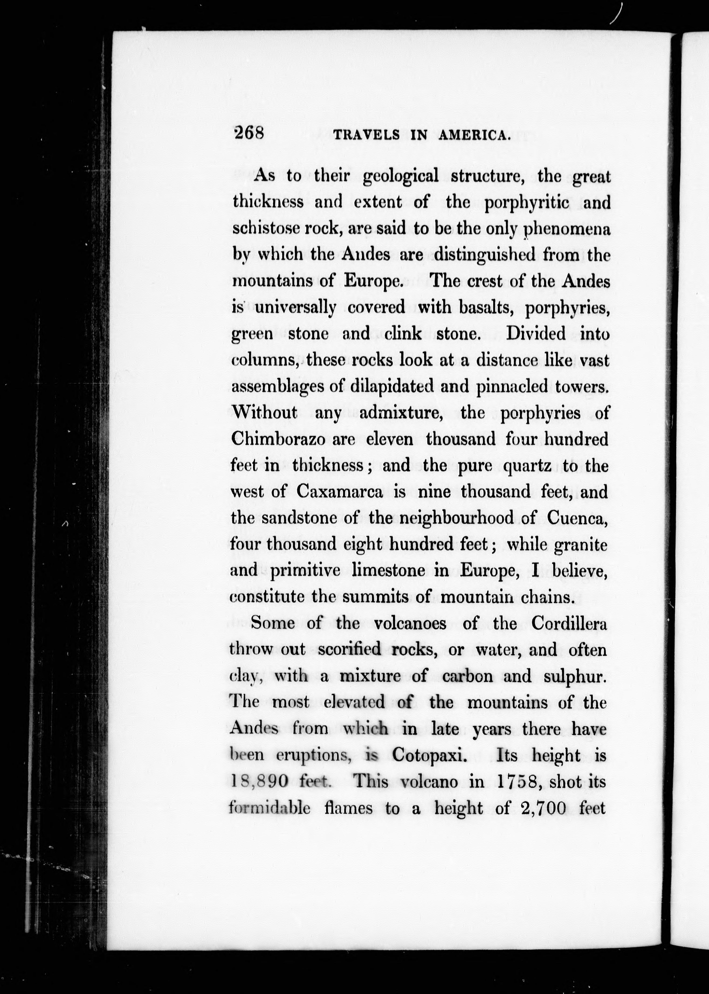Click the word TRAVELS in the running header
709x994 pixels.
367,135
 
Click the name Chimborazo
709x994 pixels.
278,439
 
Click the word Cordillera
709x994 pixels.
569,623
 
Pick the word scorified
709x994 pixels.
350,650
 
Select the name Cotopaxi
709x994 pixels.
427,755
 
